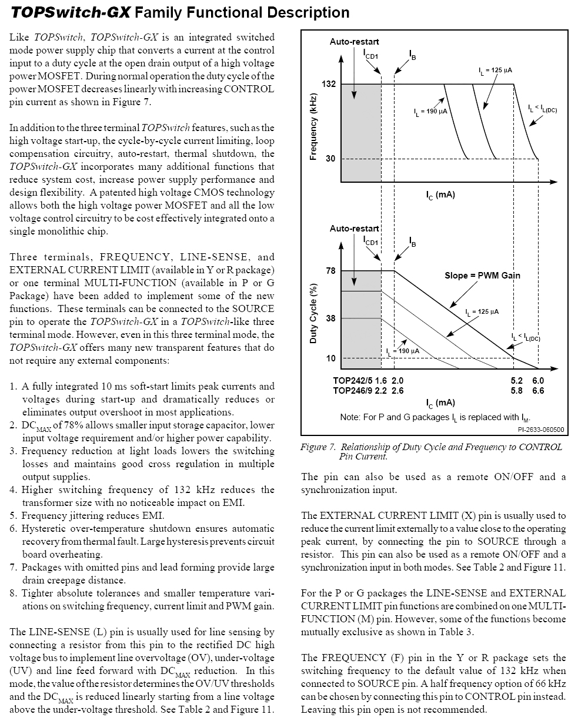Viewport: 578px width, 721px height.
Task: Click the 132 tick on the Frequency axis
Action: click(328, 85)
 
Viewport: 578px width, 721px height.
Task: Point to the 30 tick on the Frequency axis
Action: click(330, 159)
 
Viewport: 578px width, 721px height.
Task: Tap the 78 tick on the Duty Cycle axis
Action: click(330, 271)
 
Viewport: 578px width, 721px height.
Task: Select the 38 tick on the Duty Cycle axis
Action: click(330, 318)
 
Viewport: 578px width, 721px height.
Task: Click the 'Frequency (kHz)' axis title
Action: click(313, 127)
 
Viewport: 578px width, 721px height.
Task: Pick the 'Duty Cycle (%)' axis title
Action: click(313, 314)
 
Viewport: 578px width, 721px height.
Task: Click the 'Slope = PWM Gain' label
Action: click(482, 275)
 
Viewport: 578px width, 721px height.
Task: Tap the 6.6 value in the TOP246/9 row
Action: click(538, 390)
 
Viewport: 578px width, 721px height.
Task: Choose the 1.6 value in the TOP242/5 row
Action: click(381, 380)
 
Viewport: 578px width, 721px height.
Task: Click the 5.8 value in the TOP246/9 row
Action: click(517, 390)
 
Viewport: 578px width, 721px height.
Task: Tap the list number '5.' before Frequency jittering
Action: click(14, 516)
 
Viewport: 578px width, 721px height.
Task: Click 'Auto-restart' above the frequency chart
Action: click(354, 42)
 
